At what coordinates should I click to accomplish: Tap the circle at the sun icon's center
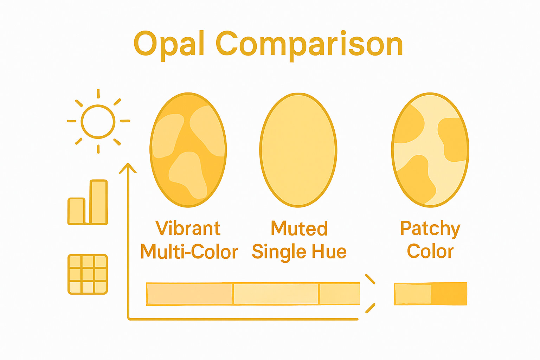pyautogui.click(x=98, y=122)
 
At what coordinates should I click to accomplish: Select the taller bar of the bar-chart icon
pyautogui.click(x=98, y=202)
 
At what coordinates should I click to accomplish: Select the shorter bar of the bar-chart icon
pyautogui.click(x=76, y=211)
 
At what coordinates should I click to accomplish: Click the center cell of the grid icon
pyautogui.click(x=88, y=274)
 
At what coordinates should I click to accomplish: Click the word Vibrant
pyautogui.click(x=188, y=229)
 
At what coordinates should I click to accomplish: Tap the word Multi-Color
pyautogui.click(x=189, y=252)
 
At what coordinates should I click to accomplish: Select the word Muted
pyautogui.click(x=299, y=229)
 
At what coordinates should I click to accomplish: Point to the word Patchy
pyautogui.click(x=430, y=229)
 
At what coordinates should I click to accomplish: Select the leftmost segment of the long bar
pyautogui.click(x=189, y=294)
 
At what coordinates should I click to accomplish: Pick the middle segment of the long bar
pyautogui.click(x=276, y=294)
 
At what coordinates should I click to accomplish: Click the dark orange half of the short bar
pyautogui.click(x=449, y=294)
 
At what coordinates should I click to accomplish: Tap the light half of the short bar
pyautogui.click(x=413, y=294)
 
